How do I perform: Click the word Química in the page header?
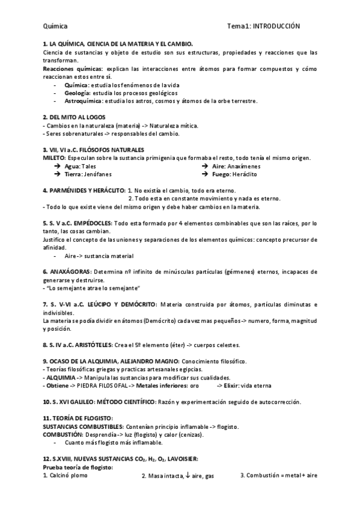click(55, 26)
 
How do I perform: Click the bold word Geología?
click(77, 93)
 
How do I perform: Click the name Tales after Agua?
click(88, 166)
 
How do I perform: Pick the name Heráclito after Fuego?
click(243, 174)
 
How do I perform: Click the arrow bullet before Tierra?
click(56, 174)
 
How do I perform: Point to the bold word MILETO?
click(54, 158)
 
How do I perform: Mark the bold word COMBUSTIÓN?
click(63, 434)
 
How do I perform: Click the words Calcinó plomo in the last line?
click(68, 475)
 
